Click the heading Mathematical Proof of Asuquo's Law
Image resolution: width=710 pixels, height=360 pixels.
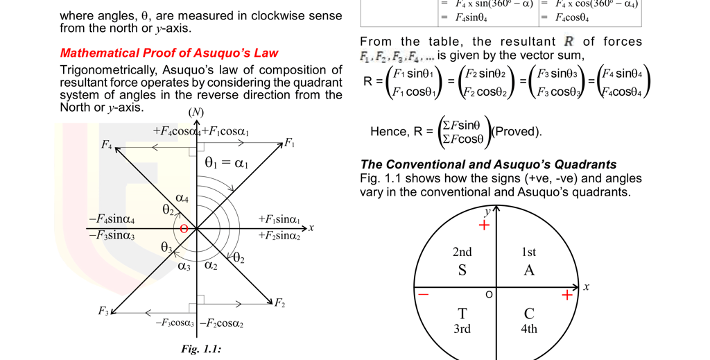coord(169,53)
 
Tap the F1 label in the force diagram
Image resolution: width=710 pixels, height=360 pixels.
coord(289,144)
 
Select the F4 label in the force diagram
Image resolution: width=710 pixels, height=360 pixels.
coord(106,145)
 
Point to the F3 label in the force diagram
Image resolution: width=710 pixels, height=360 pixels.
coord(104,311)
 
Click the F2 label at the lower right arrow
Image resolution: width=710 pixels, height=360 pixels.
coord(279,303)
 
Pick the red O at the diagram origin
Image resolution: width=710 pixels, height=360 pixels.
coord(184,228)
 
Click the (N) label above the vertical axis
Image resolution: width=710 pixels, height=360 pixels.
coord(196,112)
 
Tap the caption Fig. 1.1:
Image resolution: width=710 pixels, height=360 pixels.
coord(201,349)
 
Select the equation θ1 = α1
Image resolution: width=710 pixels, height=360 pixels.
coord(226,164)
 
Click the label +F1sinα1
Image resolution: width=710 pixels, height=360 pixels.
coord(279,220)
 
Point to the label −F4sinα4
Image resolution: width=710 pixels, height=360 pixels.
coord(112,220)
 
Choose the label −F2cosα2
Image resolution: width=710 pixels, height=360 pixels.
coord(222,324)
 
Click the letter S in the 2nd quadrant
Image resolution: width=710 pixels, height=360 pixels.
coord(462,270)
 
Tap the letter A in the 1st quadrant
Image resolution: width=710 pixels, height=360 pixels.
coord(529,270)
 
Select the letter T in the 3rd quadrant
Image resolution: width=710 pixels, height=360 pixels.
coord(462,314)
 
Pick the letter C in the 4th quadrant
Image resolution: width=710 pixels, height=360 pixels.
coord(529,314)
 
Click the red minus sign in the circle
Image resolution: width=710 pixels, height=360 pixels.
coord(423,295)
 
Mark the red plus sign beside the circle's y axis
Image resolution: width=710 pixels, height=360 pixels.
coord(484,225)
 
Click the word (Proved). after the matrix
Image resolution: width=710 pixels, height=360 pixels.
coord(517,131)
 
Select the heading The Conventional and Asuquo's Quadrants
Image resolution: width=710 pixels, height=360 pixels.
coord(488,164)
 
